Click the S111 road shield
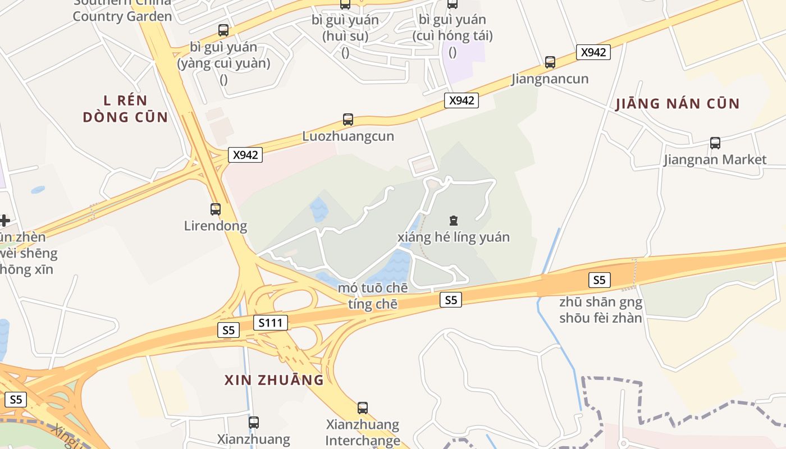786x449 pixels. (271, 323)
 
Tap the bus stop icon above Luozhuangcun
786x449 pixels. (348, 120)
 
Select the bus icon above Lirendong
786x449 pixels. (216, 209)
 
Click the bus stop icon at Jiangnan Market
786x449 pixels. (715, 143)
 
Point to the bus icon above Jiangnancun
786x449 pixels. (550, 62)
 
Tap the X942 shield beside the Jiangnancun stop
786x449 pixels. (593, 52)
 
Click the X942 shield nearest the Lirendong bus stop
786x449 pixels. (245, 155)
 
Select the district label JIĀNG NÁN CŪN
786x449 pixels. (678, 104)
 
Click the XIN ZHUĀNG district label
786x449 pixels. (274, 380)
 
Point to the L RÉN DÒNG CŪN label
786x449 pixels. (125, 109)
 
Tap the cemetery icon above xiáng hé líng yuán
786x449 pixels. (454, 221)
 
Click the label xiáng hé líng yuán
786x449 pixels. (454, 237)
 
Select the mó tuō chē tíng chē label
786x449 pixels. (372, 296)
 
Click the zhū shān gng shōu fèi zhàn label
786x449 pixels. (601, 310)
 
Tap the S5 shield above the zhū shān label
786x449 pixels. (600, 280)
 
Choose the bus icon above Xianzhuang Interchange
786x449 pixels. (363, 408)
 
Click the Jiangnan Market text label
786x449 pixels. (715, 160)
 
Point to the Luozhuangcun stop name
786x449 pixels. (348, 136)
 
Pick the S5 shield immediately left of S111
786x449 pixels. (229, 330)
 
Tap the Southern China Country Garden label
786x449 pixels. (122, 11)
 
